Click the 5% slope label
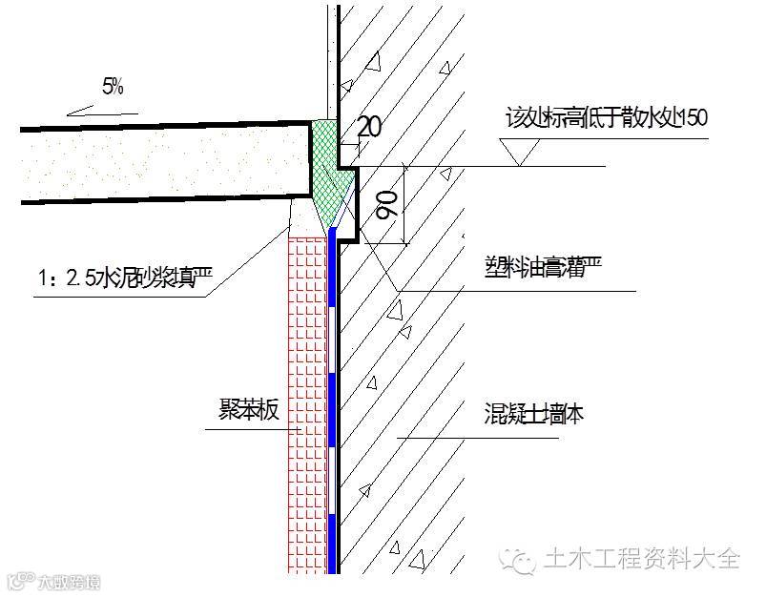tap(113, 89)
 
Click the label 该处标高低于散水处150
tap(606, 118)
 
